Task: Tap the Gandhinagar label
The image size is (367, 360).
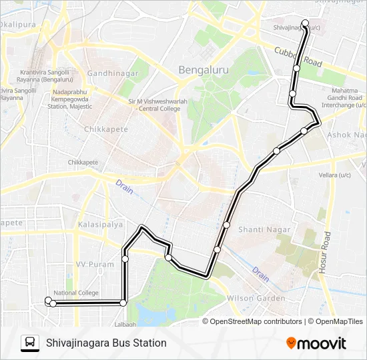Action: (x=113, y=73)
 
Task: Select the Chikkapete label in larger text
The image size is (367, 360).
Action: (x=103, y=129)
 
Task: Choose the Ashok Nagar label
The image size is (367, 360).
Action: (x=346, y=135)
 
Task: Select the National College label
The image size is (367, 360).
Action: (x=75, y=293)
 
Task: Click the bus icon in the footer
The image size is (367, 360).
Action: (x=30, y=343)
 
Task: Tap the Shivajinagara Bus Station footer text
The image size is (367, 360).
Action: (x=106, y=343)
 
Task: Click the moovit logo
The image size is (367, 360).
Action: (x=316, y=343)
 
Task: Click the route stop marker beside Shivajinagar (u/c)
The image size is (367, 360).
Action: (x=305, y=24)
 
